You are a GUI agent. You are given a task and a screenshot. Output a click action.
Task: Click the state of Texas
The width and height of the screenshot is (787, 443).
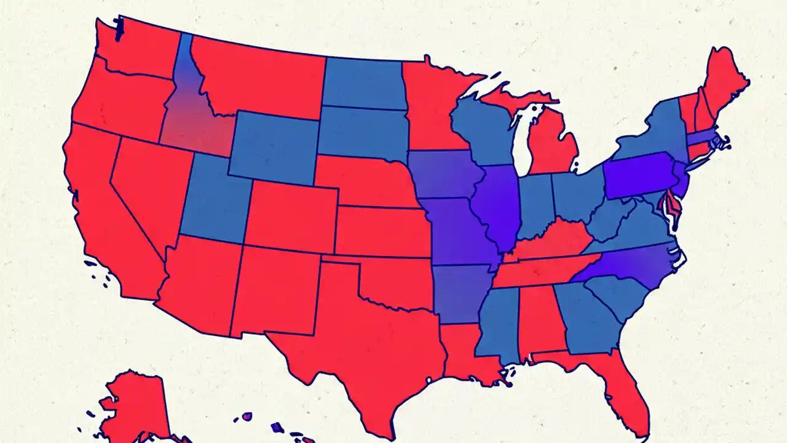click(357, 345)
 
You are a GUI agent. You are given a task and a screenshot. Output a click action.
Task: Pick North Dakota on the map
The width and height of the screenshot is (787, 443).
click(363, 83)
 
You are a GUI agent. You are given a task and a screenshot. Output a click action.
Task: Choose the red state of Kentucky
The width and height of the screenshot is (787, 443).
click(547, 243)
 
